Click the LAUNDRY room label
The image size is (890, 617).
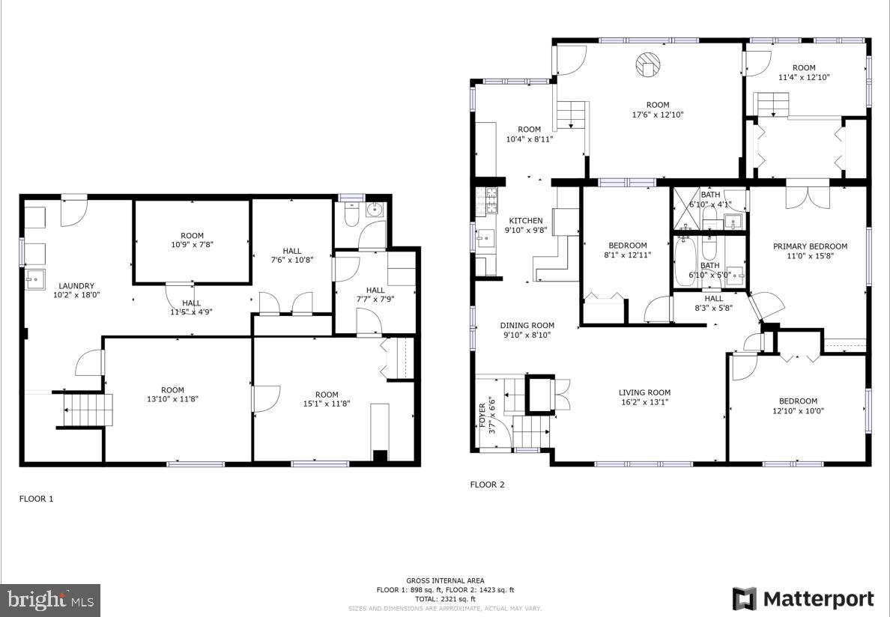pyautogui.click(x=76, y=285)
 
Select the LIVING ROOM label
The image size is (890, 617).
pyautogui.click(x=644, y=392)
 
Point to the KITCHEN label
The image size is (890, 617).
pyautogui.click(x=526, y=221)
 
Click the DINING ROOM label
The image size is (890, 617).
pyautogui.click(x=527, y=326)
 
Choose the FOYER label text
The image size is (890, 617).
pyautogui.click(x=482, y=417)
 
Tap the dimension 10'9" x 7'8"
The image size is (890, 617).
pyautogui.click(x=192, y=244)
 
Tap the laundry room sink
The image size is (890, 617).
pyautogui.click(x=34, y=279)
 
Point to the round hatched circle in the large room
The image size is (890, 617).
pyautogui.click(x=647, y=64)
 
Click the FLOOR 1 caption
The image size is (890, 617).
pyautogui.click(x=36, y=499)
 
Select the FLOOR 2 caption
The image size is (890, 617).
pyautogui.click(x=487, y=484)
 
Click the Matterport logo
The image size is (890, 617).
pyautogui.click(x=802, y=599)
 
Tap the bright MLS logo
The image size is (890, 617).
pyautogui.click(x=51, y=600)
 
